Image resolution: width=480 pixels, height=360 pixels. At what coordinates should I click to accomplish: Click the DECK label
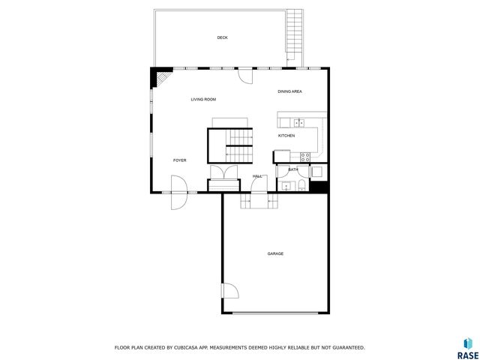(222, 37)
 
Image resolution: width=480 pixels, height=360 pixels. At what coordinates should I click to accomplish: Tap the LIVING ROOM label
(203, 99)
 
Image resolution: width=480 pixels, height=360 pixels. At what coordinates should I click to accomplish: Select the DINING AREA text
(289, 91)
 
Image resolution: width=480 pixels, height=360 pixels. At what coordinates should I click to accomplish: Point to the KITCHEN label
(286, 136)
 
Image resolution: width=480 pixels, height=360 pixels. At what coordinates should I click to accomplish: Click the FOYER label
(180, 160)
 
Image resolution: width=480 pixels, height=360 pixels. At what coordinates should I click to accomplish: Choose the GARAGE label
(275, 253)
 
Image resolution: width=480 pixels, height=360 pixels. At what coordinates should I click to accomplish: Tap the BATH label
(293, 169)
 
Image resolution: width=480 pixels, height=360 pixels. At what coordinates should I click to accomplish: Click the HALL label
(257, 176)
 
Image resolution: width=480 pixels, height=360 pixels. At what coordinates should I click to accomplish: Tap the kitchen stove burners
(305, 157)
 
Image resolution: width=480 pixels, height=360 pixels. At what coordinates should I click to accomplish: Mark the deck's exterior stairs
(297, 38)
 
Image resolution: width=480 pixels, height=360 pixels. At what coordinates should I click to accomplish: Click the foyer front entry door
(178, 192)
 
